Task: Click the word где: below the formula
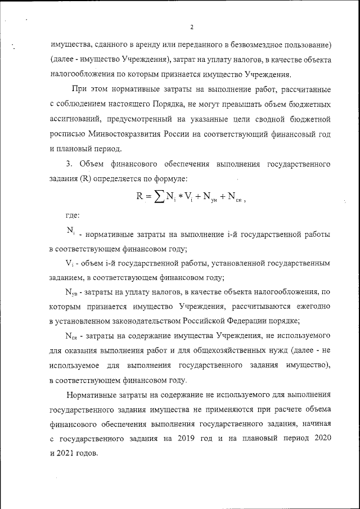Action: pyautogui.click(x=72, y=215)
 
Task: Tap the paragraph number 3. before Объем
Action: pyautogui.click(x=69, y=164)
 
